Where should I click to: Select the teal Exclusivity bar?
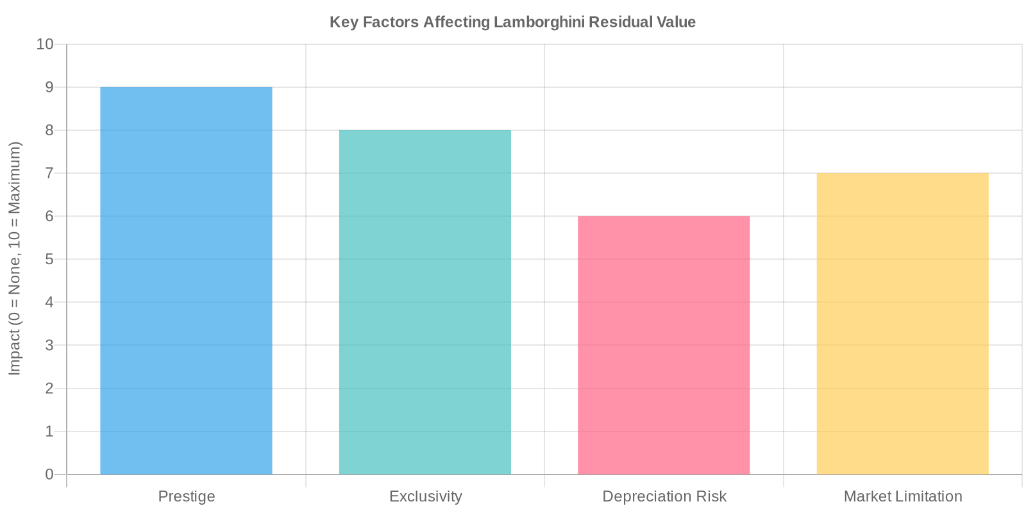[425, 302]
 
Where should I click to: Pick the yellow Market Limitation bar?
[902, 324]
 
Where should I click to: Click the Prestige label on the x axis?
[186, 497]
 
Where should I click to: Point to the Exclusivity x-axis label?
[425, 497]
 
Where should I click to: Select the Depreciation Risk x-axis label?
[664, 497]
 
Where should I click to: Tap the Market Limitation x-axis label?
[902, 497]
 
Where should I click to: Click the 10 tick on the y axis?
[45, 44]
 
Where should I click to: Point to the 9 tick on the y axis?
[49, 87]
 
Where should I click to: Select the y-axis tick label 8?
[49, 130]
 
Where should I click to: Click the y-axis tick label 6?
[49, 217]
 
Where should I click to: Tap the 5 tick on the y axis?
[49, 260]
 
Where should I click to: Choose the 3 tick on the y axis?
[49, 346]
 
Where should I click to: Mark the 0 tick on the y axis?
[49, 475]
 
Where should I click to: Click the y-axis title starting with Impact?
[15, 258]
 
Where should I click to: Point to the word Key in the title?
[344, 22]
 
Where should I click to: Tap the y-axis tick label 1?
[49, 432]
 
